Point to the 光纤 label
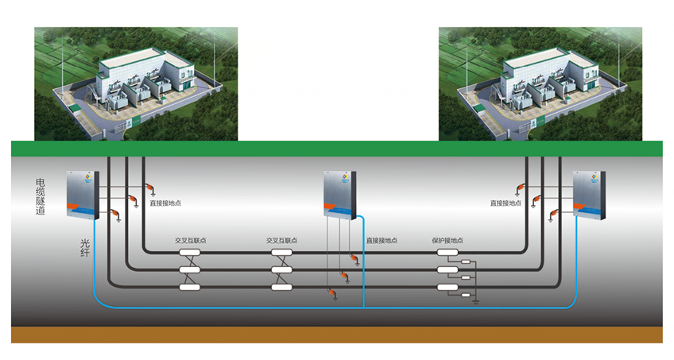[x=85, y=250]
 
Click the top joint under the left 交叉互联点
[x=190, y=254]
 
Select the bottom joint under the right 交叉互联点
[x=282, y=287]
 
